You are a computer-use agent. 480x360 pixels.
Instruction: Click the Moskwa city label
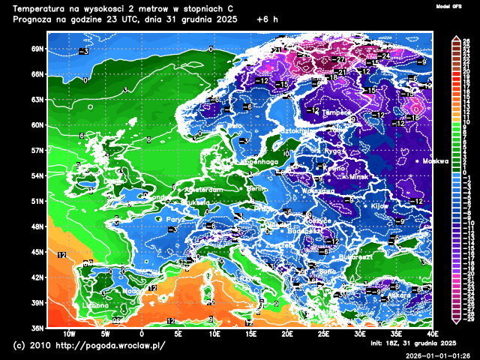click(435, 161)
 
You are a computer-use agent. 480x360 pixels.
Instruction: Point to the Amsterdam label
click(203, 190)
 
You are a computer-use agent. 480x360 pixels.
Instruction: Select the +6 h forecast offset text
click(266, 19)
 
